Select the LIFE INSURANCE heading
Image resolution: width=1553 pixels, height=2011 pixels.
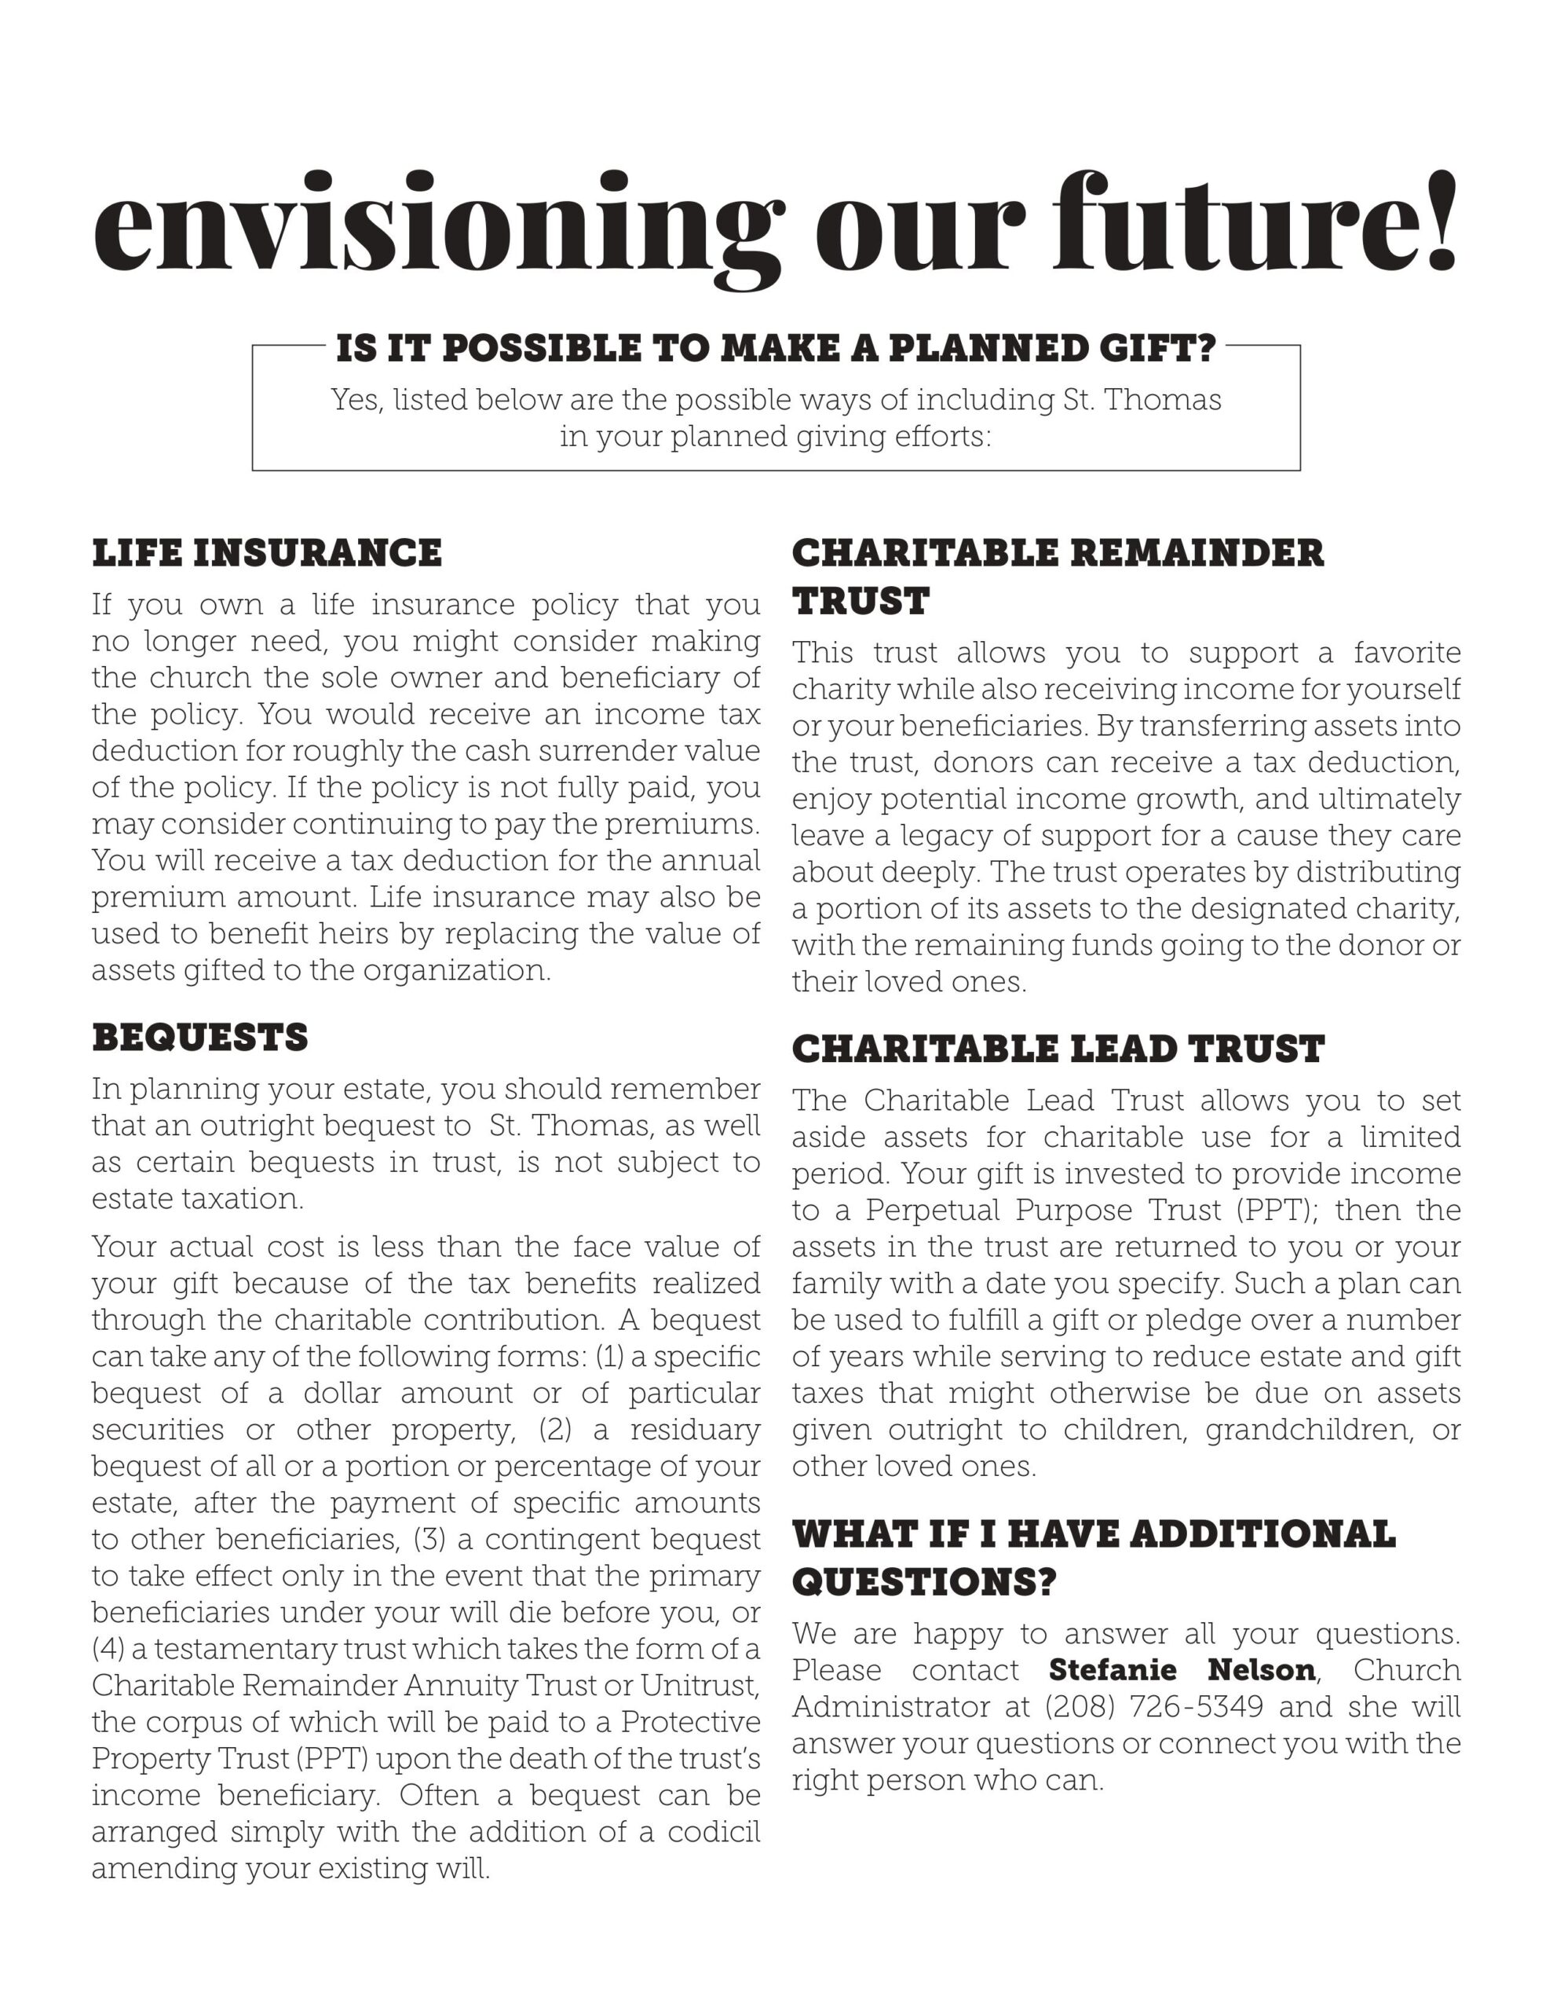tap(267, 553)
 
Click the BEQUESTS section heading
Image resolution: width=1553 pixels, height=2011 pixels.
tap(199, 1038)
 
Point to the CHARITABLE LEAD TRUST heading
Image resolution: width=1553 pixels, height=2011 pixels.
tap(1058, 1049)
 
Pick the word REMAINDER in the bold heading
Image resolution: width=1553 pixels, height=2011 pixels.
tap(1197, 553)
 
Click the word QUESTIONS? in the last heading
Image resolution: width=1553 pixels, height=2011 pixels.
tap(923, 1583)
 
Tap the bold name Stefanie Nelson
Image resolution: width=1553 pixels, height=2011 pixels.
tap(1182, 1669)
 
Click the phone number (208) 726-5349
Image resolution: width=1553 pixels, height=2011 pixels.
tap(1153, 1706)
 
